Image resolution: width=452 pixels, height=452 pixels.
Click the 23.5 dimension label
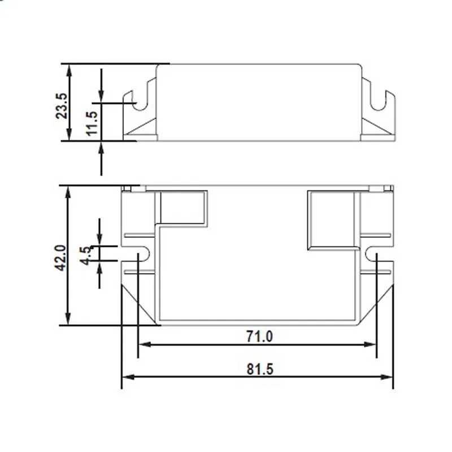click(x=62, y=106)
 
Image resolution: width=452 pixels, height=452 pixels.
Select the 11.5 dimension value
click(x=93, y=123)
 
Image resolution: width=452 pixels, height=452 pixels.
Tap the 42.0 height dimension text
click(x=61, y=258)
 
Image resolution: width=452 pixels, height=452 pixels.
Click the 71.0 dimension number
click(x=259, y=336)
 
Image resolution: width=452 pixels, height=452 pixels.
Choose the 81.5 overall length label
click(x=260, y=370)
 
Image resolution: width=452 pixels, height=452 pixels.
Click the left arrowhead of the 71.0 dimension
click(x=145, y=345)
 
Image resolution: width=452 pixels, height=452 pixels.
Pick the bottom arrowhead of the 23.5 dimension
click(x=69, y=134)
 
